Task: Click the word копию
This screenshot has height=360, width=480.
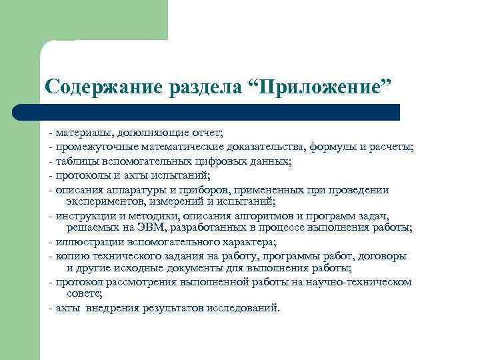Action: [x=70, y=256]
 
